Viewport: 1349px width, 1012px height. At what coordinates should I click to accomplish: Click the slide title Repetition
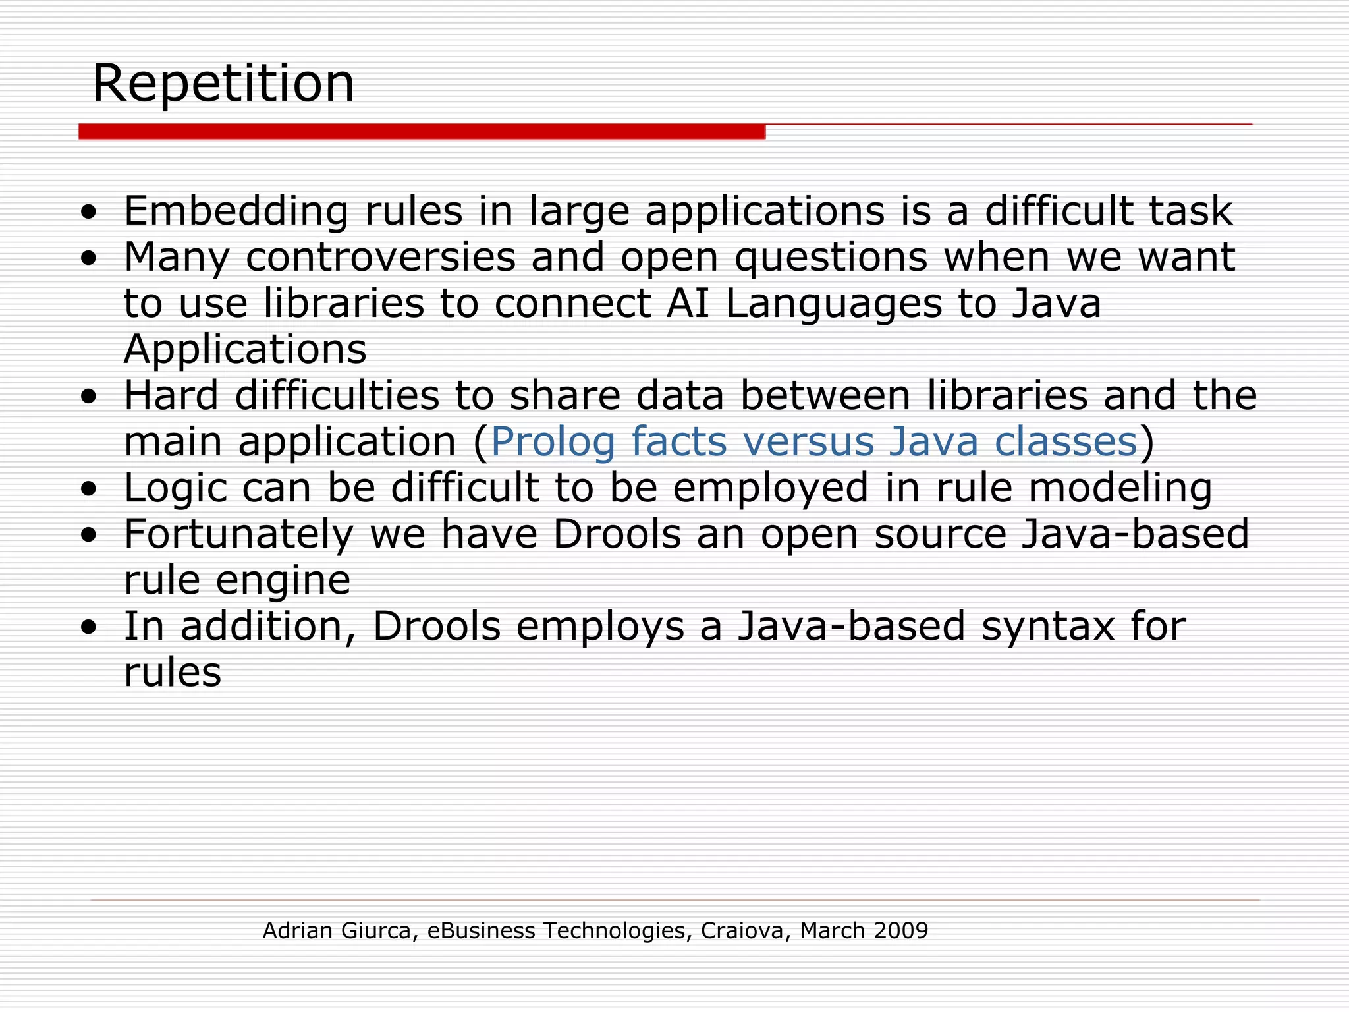tap(223, 84)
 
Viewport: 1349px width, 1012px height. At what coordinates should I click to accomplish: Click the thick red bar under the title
tap(422, 132)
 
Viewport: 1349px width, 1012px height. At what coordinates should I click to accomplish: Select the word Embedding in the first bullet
tap(236, 211)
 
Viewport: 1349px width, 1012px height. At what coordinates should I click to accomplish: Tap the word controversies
tap(381, 258)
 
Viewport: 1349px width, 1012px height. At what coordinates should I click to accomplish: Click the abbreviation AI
tap(688, 304)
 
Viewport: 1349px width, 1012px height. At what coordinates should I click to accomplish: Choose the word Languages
tap(834, 305)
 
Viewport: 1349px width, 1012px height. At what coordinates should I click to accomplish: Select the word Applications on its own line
tap(245, 350)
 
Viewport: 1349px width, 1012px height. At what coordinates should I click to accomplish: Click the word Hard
tap(171, 396)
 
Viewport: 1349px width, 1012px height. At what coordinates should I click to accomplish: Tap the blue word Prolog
tap(553, 442)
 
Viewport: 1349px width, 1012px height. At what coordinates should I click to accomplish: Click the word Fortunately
tap(239, 534)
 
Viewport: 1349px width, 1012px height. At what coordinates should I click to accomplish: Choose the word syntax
tap(1048, 627)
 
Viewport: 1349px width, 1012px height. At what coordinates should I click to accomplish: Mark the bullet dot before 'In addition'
tap(88, 627)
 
